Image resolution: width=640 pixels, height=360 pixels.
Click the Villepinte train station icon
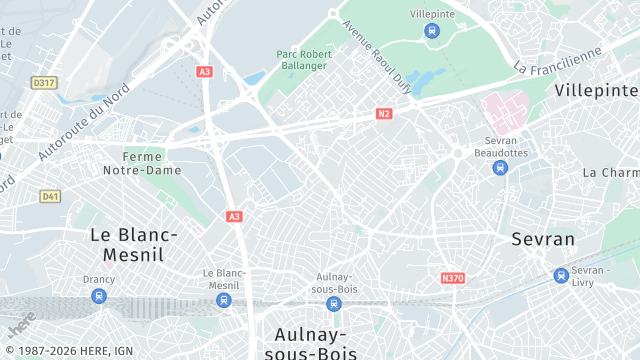pyautogui.click(x=431, y=31)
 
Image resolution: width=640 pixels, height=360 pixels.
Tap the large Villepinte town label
pyautogui.click(x=596, y=90)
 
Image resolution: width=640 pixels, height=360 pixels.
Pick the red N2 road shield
pyautogui.click(x=384, y=114)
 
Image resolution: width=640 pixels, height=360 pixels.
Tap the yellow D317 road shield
pyautogui.click(x=43, y=83)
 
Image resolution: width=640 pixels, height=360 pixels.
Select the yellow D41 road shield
pyautogui.click(x=50, y=196)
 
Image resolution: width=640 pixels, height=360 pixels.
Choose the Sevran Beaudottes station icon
pyautogui.click(x=500, y=168)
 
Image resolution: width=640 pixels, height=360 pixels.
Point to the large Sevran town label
pyautogui.click(x=543, y=239)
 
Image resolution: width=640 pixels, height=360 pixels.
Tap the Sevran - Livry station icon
pyautogui.click(x=561, y=275)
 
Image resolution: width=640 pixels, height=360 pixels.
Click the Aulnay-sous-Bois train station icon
pyautogui.click(x=334, y=303)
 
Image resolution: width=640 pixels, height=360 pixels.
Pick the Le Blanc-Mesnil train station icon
pyautogui.click(x=224, y=299)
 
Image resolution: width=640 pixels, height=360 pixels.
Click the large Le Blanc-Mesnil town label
pyautogui.click(x=134, y=244)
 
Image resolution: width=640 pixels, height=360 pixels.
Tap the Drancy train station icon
pyautogui.click(x=98, y=296)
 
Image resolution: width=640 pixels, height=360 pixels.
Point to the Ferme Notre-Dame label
pyautogui.click(x=151, y=163)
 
